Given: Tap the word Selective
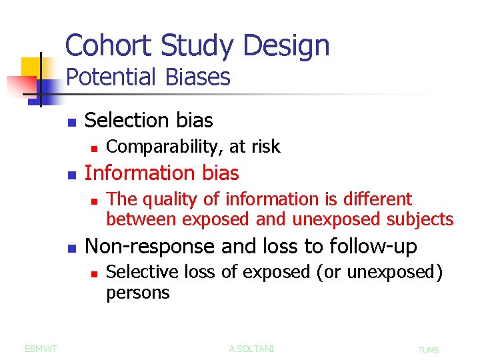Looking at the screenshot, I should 137,272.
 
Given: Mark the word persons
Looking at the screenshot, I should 138,293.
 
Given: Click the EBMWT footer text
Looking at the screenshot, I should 40,348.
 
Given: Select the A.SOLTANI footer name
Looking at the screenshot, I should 251,349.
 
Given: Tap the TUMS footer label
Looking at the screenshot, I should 429,350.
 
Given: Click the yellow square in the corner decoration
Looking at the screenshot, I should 31,67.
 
